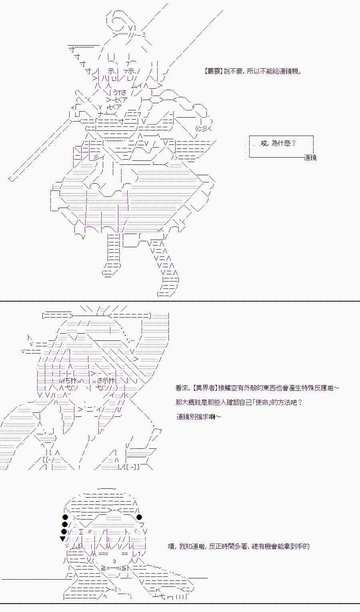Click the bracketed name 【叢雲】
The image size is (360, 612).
tap(213, 72)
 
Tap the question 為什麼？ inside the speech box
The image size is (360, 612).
tap(284, 143)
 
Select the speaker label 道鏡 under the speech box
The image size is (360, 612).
tap(310, 158)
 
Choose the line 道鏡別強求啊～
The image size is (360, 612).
tap(199, 417)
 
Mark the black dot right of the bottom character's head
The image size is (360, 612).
tap(139, 517)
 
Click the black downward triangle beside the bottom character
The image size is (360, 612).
tap(63, 539)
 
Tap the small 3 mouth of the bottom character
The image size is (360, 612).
tap(114, 561)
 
